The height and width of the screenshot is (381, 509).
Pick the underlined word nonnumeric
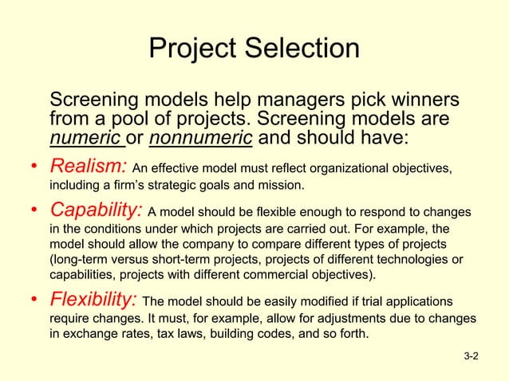[201, 139]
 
